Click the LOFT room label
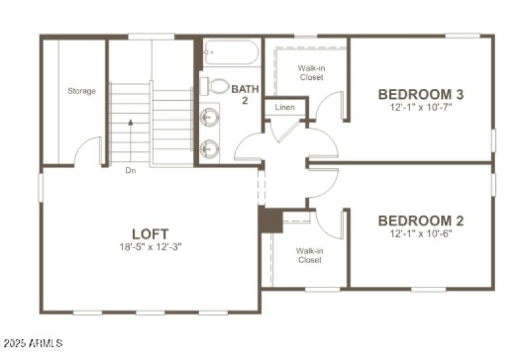[x=151, y=234]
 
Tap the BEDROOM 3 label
[x=424, y=94]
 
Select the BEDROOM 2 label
[x=424, y=221]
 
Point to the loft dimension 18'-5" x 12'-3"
[x=151, y=247]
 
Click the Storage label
[x=82, y=91]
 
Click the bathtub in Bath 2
[x=231, y=52]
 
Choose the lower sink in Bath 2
[x=210, y=148]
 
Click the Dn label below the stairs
[x=130, y=171]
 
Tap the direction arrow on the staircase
[x=130, y=122]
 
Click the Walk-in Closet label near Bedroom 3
[x=311, y=72]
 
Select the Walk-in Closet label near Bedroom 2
[x=309, y=255]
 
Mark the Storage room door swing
[x=88, y=151]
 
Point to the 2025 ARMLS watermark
[x=33, y=343]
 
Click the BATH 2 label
[x=244, y=95]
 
